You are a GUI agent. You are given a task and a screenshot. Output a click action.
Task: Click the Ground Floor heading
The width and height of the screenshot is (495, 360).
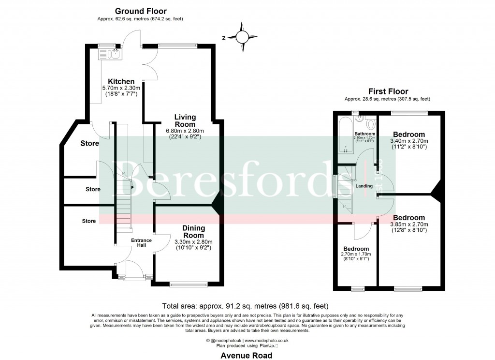coord(141,11)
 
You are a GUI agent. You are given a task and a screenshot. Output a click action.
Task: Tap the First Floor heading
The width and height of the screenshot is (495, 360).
coord(388,91)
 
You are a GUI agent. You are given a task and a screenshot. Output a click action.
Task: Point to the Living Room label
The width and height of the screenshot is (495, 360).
coord(185,120)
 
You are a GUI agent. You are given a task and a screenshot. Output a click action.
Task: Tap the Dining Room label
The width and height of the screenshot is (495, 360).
coord(193,231)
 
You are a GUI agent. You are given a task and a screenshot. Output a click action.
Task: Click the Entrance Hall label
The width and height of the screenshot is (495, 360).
coord(142,243)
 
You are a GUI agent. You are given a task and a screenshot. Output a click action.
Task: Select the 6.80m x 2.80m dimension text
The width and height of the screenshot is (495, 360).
coord(186,131)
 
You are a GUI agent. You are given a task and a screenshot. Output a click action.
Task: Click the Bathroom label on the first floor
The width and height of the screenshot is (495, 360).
coord(364,134)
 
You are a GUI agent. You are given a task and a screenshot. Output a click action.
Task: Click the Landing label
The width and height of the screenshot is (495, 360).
coord(364,186)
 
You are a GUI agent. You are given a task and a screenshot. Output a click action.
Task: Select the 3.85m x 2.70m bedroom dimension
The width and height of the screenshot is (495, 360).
coord(409,225)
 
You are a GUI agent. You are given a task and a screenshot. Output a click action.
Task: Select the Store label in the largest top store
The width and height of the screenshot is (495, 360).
coord(89,143)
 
